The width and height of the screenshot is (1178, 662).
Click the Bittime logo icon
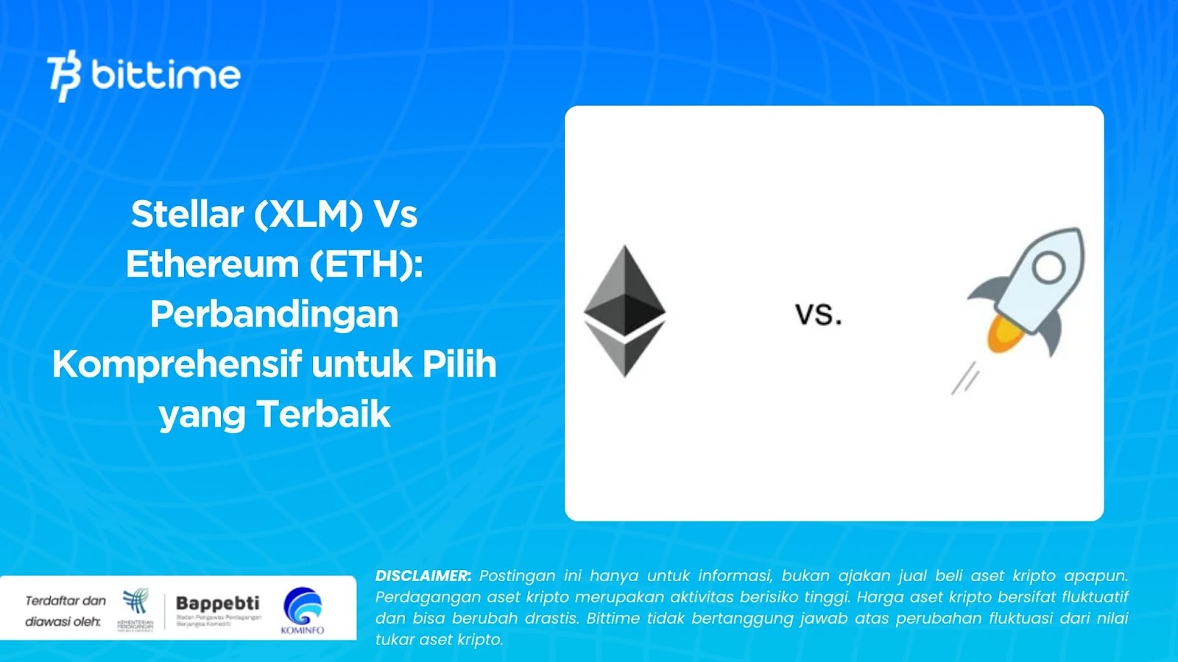click(64, 75)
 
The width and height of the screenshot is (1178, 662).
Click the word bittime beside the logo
click(166, 75)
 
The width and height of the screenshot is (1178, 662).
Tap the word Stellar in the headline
click(187, 215)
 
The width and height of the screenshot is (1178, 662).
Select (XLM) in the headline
click(308, 215)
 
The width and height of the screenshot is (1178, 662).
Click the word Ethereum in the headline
click(211, 265)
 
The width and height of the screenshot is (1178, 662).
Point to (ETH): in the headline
click(366, 265)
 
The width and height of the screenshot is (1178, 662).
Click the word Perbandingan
click(274, 315)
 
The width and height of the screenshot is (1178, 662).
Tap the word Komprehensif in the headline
click(177, 365)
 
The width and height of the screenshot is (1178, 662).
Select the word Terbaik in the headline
click(323, 415)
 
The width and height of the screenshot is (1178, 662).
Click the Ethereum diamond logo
click(624, 310)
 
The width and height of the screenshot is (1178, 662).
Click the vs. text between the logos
click(818, 315)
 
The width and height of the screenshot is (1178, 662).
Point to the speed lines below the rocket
click(965, 380)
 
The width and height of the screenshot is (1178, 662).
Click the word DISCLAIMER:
click(423, 576)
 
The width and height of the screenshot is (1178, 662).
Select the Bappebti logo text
click(218, 603)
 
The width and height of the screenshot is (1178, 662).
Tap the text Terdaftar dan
click(66, 601)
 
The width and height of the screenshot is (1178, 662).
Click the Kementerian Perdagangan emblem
click(135, 605)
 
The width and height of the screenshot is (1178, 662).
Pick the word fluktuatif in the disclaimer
click(1094, 597)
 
